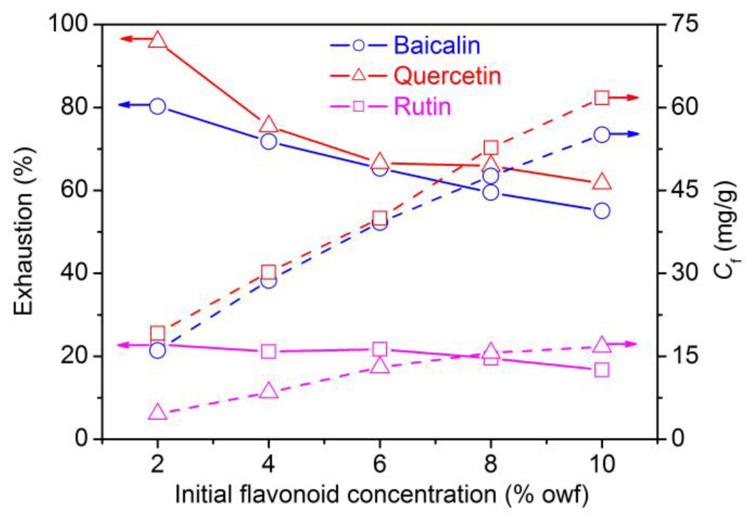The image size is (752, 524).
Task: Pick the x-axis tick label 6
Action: (x=379, y=464)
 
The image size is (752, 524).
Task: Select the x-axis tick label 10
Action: (x=602, y=464)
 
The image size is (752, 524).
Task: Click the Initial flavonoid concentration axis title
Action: (x=382, y=495)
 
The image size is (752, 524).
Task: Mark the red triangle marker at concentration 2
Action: (x=158, y=40)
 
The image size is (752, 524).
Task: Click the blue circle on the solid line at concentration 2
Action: (x=158, y=106)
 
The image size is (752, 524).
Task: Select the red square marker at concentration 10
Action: (x=602, y=98)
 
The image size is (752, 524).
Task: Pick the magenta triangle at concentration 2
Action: (x=158, y=412)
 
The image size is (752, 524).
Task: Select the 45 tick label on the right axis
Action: (x=684, y=190)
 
